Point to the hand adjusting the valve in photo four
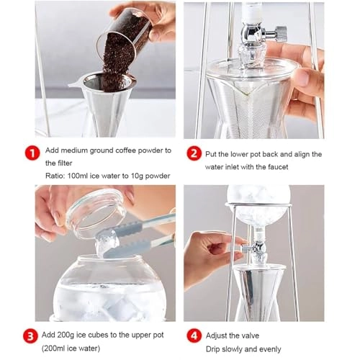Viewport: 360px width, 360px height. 209,252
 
